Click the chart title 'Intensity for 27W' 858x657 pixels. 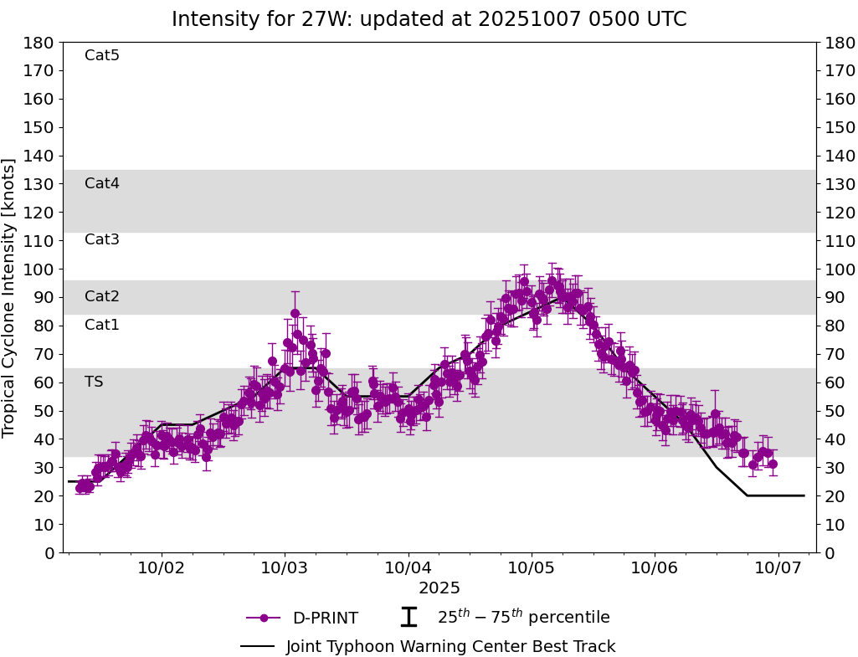point(429,19)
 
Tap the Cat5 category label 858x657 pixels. point(102,56)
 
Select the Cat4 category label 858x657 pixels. point(102,184)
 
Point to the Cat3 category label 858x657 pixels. point(102,240)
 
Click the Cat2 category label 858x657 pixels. point(102,297)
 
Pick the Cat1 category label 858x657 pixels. point(102,326)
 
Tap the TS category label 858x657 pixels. point(94,382)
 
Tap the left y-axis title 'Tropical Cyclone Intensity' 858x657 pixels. point(10,297)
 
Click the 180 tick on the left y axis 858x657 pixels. point(40,43)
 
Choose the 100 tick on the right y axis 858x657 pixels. point(839,269)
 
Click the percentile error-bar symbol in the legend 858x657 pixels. point(408,618)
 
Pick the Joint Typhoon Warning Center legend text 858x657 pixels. point(450,647)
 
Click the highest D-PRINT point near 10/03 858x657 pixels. point(295,314)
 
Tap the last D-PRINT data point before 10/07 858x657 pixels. point(773,464)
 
